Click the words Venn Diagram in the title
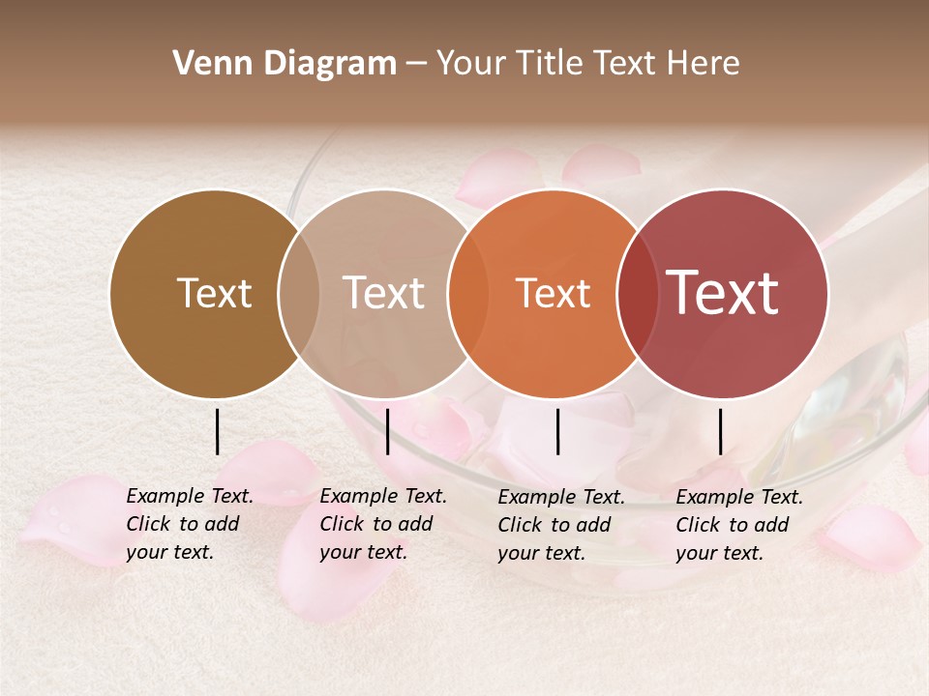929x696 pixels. (285, 64)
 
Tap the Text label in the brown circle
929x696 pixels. (214, 293)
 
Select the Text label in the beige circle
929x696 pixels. (383, 293)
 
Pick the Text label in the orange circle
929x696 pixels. (553, 293)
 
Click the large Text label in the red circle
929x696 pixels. (723, 293)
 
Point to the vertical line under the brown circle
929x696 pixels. (217, 431)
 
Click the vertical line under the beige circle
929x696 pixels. (387, 431)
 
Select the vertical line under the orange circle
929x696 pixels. (558, 431)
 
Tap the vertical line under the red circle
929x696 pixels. (720, 431)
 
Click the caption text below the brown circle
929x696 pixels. (189, 524)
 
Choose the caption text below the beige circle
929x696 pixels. (382, 524)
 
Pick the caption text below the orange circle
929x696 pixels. (560, 525)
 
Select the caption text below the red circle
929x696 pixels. (738, 525)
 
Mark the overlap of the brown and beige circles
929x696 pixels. (299, 293)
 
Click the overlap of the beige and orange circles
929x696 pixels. (468, 293)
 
